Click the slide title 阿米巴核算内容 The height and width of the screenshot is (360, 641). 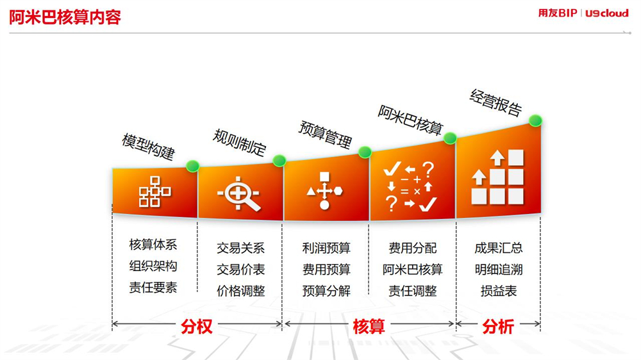click(x=65, y=17)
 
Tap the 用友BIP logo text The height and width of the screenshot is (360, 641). click(x=558, y=13)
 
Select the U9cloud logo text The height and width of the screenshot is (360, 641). click(x=607, y=13)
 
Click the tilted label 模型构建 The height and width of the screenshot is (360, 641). click(x=149, y=147)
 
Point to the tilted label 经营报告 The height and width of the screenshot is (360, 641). click(x=496, y=102)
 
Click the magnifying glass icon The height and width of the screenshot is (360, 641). click(x=238, y=193)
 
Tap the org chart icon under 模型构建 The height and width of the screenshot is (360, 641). click(x=155, y=192)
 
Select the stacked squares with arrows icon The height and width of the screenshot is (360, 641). click(x=497, y=177)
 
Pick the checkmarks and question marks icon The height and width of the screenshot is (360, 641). click(x=410, y=186)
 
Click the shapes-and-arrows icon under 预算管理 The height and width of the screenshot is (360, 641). click(x=324, y=191)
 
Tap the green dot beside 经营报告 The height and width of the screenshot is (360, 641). click(x=535, y=120)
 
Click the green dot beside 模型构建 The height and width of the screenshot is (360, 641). click(x=192, y=166)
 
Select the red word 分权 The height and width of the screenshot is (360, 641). click(x=197, y=327)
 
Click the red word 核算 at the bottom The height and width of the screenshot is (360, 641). click(x=369, y=327)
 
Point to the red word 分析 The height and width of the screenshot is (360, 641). click(x=498, y=327)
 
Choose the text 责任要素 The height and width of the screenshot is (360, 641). click(x=153, y=287)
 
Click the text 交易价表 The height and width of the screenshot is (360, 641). click(x=241, y=269)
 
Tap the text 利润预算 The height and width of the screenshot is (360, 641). click(x=326, y=248)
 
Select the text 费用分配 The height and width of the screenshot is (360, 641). click(x=412, y=248)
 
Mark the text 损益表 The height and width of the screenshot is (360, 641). click(x=499, y=291)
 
